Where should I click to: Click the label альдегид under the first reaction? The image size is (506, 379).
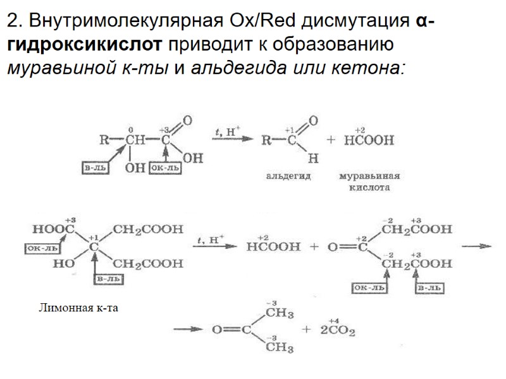[x=288, y=176]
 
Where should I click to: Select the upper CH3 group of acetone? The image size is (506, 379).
[x=278, y=313]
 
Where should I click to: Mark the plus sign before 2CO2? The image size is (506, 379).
[x=309, y=330]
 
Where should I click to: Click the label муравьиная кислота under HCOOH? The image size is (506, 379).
[x=370, y=182]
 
